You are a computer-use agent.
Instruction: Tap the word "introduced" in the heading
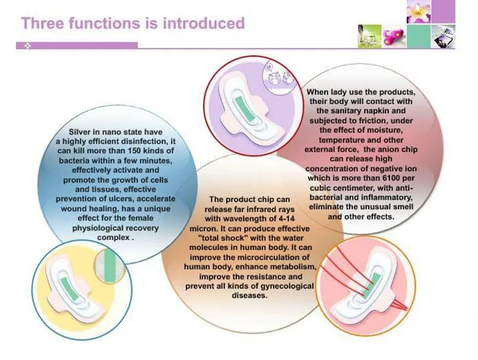point(204,23)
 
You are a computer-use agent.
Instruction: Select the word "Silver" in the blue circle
point(80,132)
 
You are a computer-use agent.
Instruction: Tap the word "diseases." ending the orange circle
point(249,295)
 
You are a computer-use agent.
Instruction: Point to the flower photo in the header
point(419,11)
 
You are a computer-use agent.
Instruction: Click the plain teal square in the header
point(419,36)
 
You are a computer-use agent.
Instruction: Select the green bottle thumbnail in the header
point(370,36)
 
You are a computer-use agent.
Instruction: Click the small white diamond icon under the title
point(28,46)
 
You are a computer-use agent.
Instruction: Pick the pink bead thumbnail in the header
point(394,36)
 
